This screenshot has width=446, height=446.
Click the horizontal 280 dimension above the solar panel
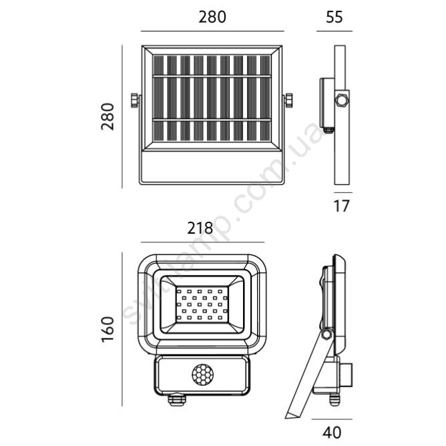[x=212, y=17]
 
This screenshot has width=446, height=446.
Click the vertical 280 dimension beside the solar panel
[x=107, y=117]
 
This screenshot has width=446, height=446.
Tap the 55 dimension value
[x=334, y=17]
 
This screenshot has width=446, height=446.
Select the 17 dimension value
[x=341, y=206]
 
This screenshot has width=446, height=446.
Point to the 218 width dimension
[x=200, y=228]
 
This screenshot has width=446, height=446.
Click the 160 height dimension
[x=107, y=329]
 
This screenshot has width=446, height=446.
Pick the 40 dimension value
[x=332, y=433]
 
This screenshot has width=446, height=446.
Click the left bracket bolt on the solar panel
[x=135, y=100]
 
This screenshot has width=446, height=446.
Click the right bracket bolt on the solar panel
[x=288, y=100]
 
